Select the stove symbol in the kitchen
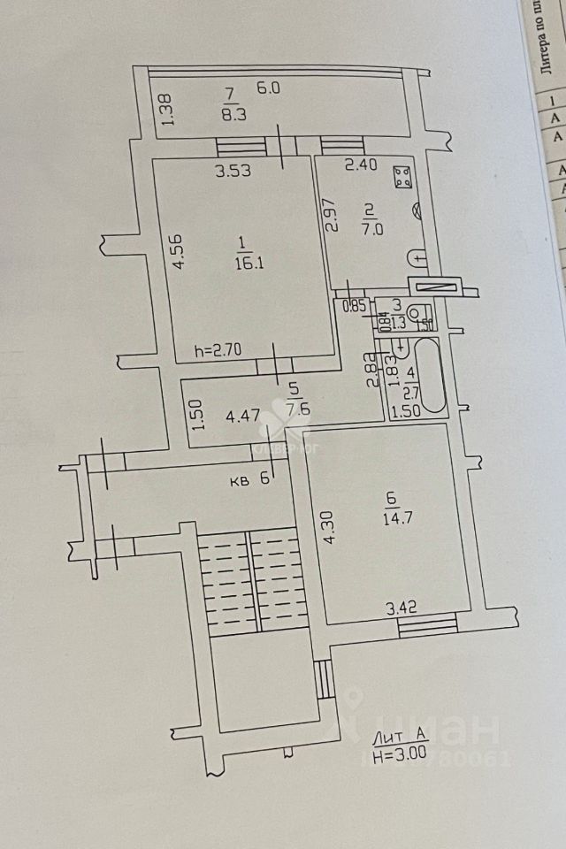pyautogui.click(x=402, y=176)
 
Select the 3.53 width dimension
pyautogui.click(x=233, y=172)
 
